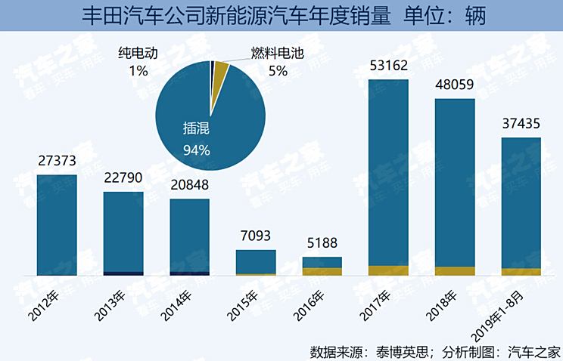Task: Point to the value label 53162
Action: [388, 66]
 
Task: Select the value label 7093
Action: [255, 237]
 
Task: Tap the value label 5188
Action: [322, 244]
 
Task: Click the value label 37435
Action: [521, 124]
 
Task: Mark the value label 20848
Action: [189, 184]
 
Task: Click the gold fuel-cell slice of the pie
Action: [221, 69]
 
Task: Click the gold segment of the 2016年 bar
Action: [322, 271]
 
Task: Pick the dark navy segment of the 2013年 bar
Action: [123, 273]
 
